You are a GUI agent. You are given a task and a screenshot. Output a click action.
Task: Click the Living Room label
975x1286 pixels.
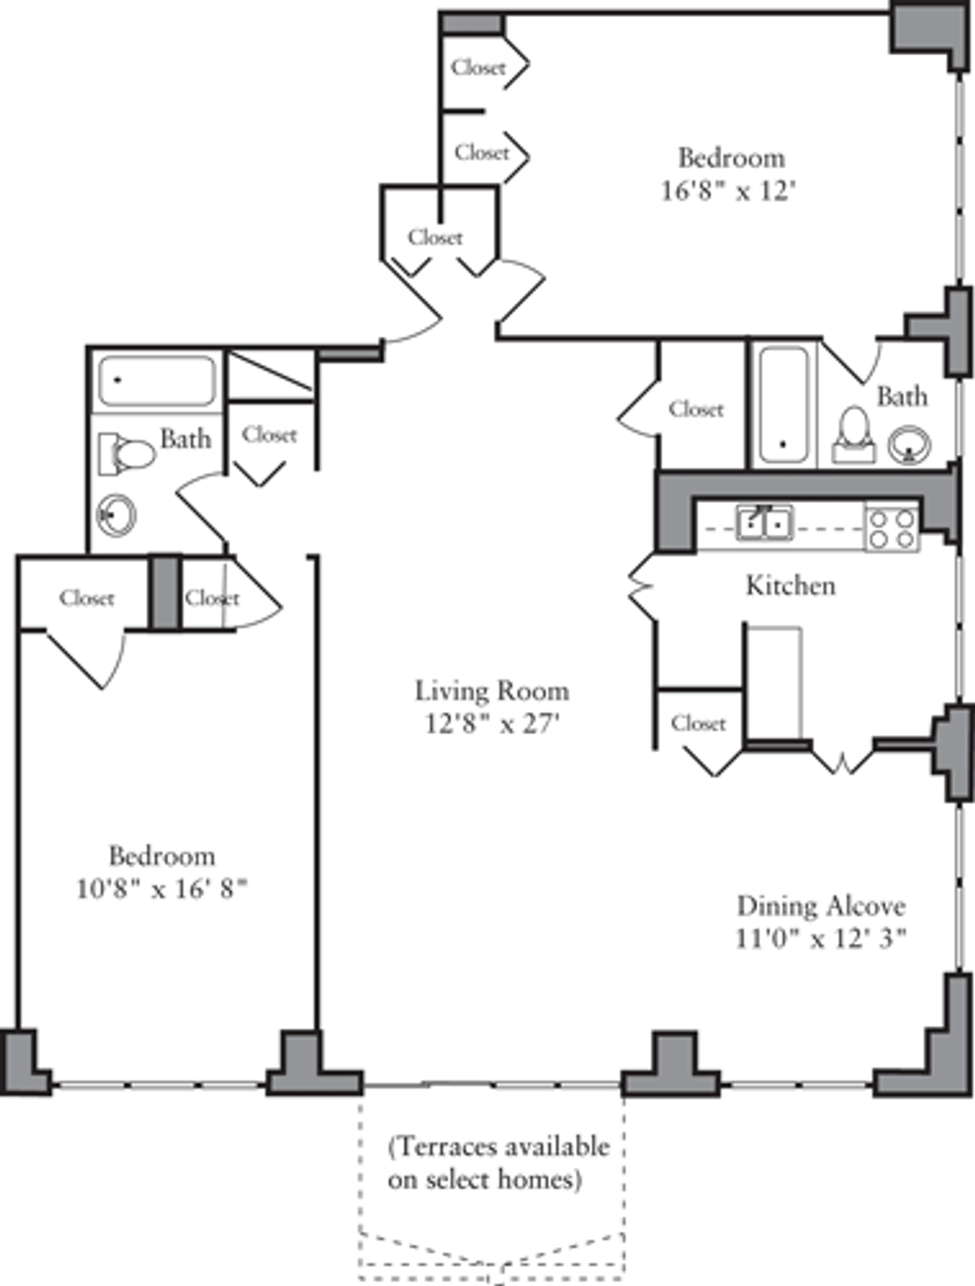(x=492, y=691)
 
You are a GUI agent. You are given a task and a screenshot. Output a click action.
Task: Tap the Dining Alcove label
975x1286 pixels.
(x=821, y=907)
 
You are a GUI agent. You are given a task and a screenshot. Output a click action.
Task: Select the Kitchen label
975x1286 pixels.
(x=791, y=585)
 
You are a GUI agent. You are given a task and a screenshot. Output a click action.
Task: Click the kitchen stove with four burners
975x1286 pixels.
(x=892, y=529)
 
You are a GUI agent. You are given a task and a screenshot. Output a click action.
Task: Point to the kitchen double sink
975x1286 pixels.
(x=765, y=522)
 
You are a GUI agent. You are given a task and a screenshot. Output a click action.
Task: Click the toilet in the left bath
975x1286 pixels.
(x=126, y=453)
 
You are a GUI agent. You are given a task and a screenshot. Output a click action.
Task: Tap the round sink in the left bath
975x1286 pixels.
(x=116, y=515)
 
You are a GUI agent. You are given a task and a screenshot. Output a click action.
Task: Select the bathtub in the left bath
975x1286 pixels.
(x=157, y=380)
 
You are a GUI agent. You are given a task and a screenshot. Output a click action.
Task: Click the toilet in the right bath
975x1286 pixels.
(x=854, y=435)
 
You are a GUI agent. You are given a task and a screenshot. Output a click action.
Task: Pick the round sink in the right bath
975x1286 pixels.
(x=908, y=444)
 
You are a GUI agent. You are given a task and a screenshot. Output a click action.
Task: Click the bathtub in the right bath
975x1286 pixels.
(x=784, y=405)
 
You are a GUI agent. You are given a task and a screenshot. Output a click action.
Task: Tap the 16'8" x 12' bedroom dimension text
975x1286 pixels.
(x=729, y=191)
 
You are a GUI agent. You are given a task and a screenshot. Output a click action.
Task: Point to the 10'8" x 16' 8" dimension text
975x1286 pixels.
(x=162, y=889)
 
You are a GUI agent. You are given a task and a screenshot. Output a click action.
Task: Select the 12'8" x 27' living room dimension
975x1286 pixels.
(x=492, y=724)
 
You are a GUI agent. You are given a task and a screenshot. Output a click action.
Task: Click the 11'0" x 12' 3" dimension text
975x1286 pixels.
(x=821, y=939)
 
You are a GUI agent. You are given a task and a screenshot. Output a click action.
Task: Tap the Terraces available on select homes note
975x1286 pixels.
(x=499, y=1163)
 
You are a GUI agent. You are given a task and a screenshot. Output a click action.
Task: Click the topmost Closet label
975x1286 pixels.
(x=478, y=67)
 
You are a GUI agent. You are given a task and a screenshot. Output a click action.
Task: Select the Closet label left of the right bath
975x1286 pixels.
(x=696, y=409)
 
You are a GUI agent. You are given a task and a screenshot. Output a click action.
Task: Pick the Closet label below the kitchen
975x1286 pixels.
(x=699, y=724)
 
